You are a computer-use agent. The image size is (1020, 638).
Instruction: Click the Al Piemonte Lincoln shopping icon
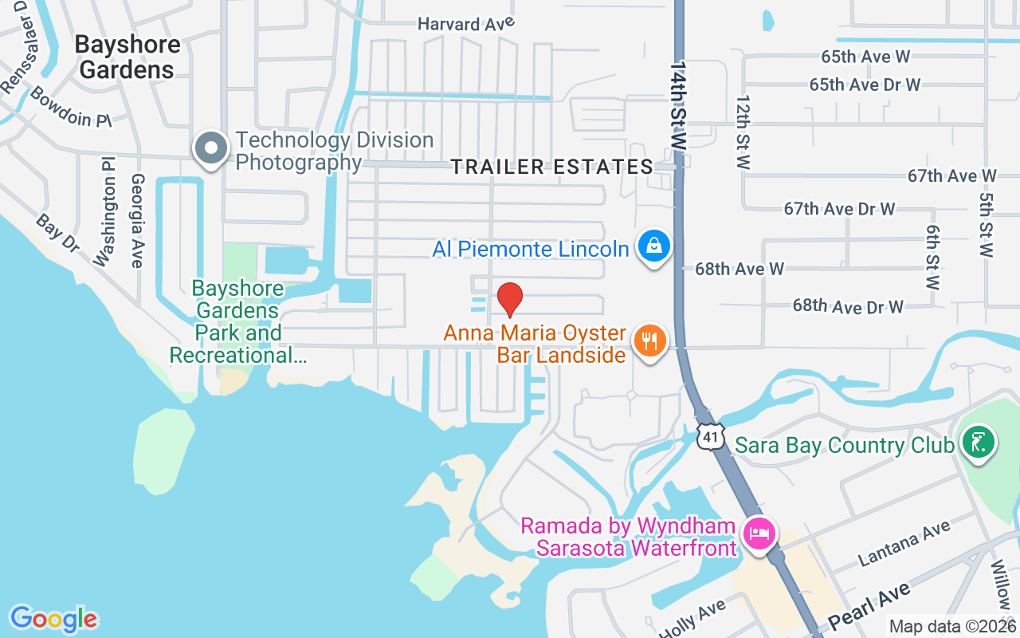pos(653,246)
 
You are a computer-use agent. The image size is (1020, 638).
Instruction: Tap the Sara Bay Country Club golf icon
pos(978,443)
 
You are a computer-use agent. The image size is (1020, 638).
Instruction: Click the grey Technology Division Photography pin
pos(211,149)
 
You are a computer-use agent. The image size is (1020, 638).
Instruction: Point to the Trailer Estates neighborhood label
pos(551,167)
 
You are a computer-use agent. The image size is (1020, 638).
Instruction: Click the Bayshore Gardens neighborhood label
pos(127,57)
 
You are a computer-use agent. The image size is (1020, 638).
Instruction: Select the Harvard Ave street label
pos(466,25)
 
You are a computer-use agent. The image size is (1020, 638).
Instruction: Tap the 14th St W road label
pos(679,104)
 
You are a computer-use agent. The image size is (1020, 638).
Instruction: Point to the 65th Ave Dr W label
pos(865,85)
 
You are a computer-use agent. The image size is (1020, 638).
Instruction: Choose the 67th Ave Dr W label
pos(839,209)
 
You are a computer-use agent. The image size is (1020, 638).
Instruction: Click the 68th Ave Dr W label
pos(848,305)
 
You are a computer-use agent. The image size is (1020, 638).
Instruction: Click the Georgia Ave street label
pos(137,221)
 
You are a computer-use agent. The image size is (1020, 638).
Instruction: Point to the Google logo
pos(53,619)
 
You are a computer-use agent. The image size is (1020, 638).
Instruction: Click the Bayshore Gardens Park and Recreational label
pos(238,321)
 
